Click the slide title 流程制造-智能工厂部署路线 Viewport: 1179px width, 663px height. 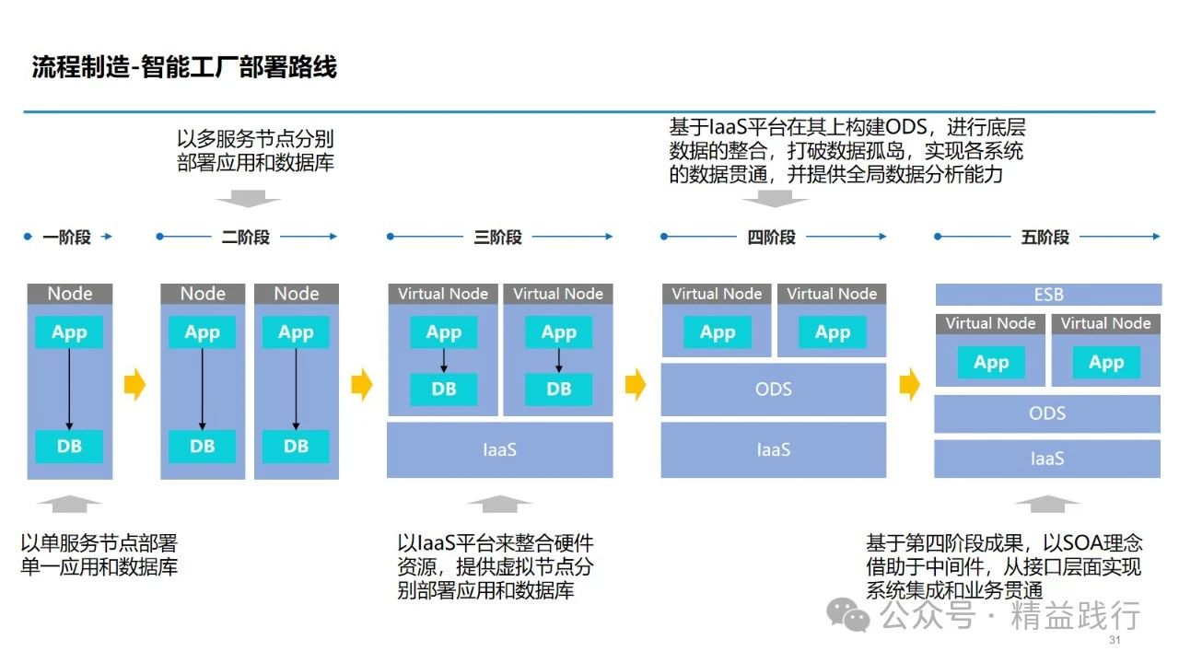pyautogui.click(x=184, y=67)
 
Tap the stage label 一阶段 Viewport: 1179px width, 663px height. pyautogui.click(x=67, y=238)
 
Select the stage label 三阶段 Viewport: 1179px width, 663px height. pyautogui.click(x=498, y=238)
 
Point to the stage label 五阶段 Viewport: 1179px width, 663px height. pyautogui.click(x=1045, y=238)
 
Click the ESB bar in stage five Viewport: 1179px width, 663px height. pyautogui.click(x=1048, y=294)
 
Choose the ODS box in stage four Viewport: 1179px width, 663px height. pyautogui.click(x=774, y=390)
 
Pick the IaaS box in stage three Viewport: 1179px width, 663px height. pyautogui.click(x=500, y=450)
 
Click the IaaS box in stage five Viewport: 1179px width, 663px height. pyautogui.click(x=1047, y=459)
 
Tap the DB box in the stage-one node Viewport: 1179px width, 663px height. pyautogui.click(x=69, y=447)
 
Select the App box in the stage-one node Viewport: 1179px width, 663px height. pyautogui.click(x=69, y=332)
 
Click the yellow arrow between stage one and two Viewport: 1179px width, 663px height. pyautogui.click(x=134, y=384)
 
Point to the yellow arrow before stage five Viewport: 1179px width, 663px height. pyautogui.click(x=909, y=384)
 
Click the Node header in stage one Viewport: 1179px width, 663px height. pyautogui.click(x=70, y=294)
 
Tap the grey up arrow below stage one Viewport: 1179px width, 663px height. pyautogui.click(x=70, y=504)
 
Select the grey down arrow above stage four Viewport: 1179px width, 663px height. pyautogui.click(x=775, y=199)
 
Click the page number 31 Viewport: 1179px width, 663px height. pyautogui.click(x=1115, y=640)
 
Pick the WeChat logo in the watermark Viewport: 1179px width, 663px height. pyautogui.click(x=848, y=614)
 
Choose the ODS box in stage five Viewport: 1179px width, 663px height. pyautogui.click(x=1047, y=413)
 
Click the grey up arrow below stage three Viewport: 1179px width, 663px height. pyautogui.click(x=500, y=504)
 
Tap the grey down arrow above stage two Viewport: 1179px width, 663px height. pyautogui.click(x=249, y=199)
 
